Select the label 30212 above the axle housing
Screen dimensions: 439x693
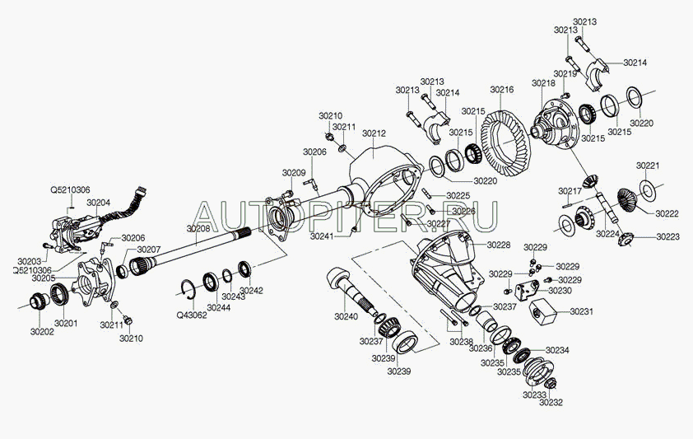coord(374,133)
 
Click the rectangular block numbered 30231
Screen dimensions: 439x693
coord(543,312)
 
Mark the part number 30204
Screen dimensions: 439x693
coord(98,202)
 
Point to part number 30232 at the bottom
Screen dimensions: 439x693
coord(551,402)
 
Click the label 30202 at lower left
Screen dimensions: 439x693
coord(42,331)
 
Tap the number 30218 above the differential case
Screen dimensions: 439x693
coord(543,83)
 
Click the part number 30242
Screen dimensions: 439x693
coord(252,291)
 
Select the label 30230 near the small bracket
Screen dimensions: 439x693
coord(560,291)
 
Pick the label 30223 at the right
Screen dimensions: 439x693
coord(667,236)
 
